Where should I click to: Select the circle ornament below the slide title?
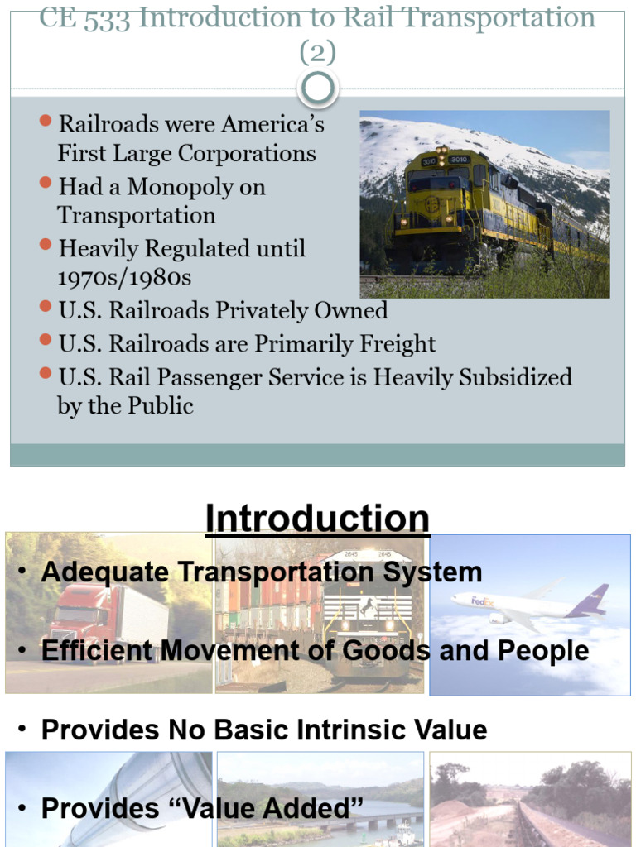point(317,89)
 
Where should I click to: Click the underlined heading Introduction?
point(317,519)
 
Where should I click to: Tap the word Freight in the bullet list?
point(395,344)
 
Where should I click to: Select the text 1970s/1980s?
point(124,277)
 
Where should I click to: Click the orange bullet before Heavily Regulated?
point(46,246)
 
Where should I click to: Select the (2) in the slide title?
point(317,53)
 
